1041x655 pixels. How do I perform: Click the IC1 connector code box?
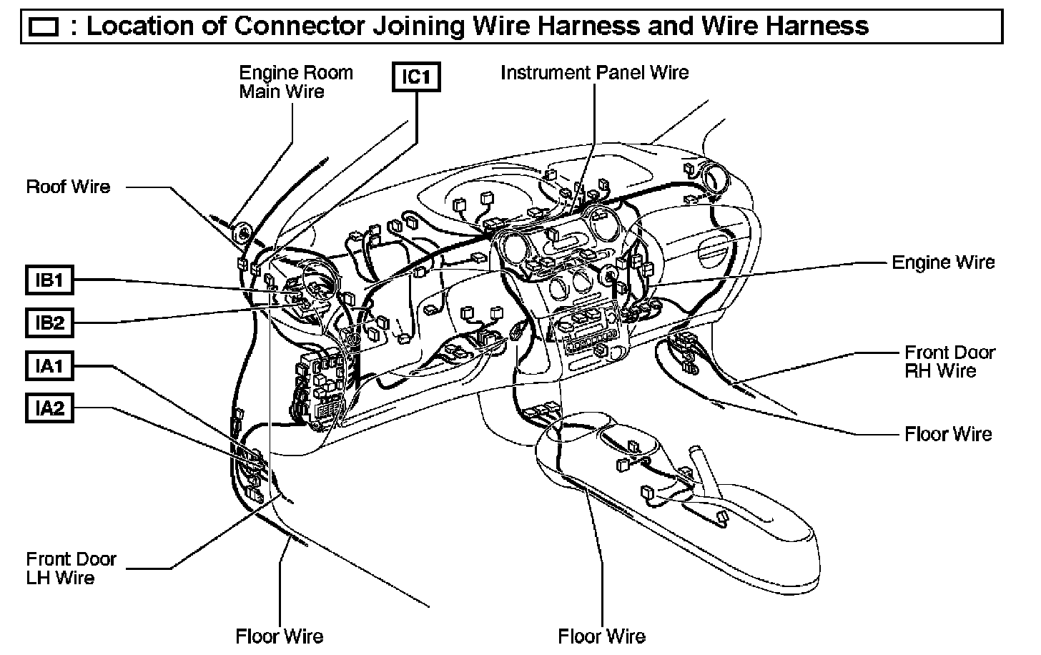coord(416,77)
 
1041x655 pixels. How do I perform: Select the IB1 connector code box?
coord(49,280)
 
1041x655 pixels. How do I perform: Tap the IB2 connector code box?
coord(49,323)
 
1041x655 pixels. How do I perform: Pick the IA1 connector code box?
coord(49,366)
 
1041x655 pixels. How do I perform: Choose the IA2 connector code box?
coord(49,408)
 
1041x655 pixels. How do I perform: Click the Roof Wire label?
coord(69,187)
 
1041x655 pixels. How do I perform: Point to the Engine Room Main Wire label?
coord(295,82)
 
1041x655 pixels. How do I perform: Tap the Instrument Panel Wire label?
coord(594,73)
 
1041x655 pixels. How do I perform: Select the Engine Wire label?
coord(943,262)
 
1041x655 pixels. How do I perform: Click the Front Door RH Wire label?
coord(949,362)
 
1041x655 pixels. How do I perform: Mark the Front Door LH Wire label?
coord(71,568)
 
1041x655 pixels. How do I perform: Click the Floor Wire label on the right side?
coord(948,434)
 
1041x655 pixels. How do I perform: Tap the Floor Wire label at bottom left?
coord(279,636)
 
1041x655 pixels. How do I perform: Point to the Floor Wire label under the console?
coord(601,636)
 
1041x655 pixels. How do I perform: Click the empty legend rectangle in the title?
coord(44,27)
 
